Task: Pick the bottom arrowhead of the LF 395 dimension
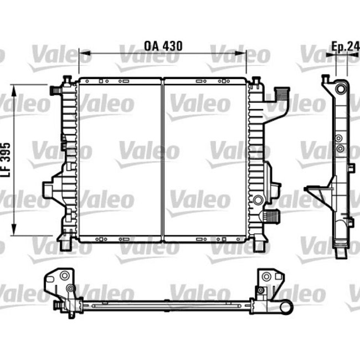coord(15,232)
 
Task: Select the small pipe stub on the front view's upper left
coord(55,89)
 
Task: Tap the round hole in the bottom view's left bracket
coord(64,275)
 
